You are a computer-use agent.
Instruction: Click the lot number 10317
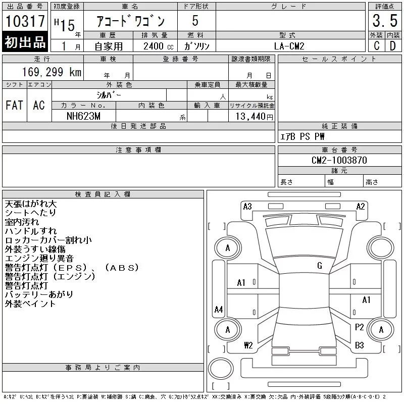pyautogui.click(x=25, y=22)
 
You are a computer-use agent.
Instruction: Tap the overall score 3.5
pyautogui.click(x=384, y=21)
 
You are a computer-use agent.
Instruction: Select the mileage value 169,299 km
pyautogui.click(x=52, y=72)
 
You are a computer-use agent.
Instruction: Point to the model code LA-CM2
pyautogui.click(x=289, y=46)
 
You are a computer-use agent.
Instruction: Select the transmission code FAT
pyautogui.click(x=14, y=106)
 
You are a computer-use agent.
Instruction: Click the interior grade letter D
pyautogui.click(x=392, y=46)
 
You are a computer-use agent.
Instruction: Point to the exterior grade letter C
pyautogui.click(x=376, y=46)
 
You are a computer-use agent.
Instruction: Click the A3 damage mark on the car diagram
pyautogui.click(x=247, y=206)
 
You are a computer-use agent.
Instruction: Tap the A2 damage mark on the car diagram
pyautogui.click(x=361, y=206)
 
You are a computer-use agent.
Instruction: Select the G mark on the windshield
pyautogui.click(x=320, y=266)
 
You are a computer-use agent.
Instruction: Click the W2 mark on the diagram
pyautogui.click(x=248, y=345)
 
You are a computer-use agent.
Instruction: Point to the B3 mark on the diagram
pyautogui.click(x=360, y=345)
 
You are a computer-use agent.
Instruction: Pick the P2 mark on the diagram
pyautogui.click(x=360, y=327)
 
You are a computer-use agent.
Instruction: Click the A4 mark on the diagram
pyautogui.click(x=219, y=309)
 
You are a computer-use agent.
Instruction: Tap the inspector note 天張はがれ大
pyautogui.click(x=31, y=204)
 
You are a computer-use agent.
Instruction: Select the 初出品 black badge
pyautogui.click(x=25, y=43)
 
